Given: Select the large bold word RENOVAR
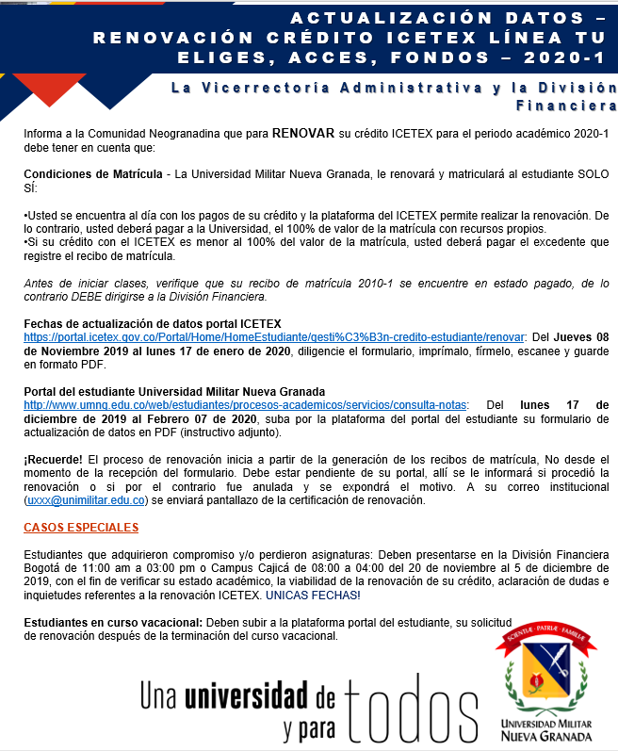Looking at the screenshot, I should [303, 134].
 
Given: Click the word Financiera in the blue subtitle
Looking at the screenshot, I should [564, 105].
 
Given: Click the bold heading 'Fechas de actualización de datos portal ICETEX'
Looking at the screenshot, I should [153, 323].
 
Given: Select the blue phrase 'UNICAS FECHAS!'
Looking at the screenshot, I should [313, 596].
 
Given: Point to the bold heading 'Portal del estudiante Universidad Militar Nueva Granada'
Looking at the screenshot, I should [174, 392].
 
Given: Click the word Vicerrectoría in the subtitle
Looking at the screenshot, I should [273, 88].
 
